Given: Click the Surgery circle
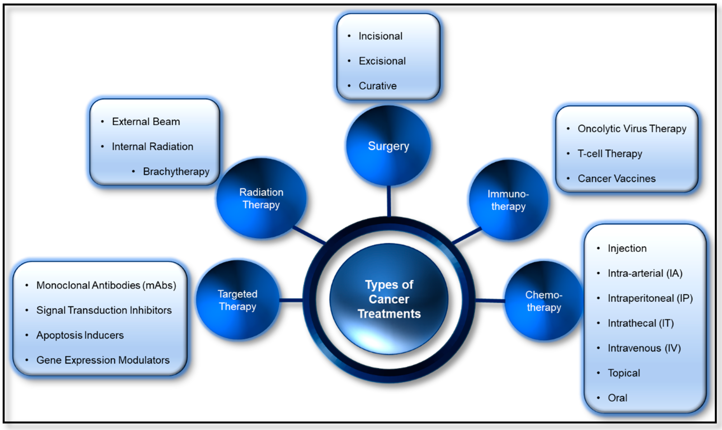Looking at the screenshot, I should [388, 146].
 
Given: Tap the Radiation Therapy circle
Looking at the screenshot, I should [261, 198].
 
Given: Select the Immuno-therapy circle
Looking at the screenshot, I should [508, 200].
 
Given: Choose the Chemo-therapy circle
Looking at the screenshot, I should [544, 301].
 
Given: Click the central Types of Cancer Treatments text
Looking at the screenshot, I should [389, 299].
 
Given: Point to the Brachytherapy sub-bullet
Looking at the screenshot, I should [176, 172].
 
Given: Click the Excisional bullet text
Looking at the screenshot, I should [382, 61].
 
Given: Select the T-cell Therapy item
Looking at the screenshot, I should [610, 154].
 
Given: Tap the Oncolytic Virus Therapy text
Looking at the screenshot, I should [632, 129].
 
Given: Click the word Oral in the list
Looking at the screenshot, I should [617, 398].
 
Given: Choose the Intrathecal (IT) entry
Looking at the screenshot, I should [640, 323].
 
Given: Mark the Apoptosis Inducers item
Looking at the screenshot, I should [80, 335].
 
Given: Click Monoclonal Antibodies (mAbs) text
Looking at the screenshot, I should [106, 285].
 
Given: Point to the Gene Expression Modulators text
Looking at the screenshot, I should [103, 360].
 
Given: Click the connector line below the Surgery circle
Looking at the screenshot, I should [389, 201].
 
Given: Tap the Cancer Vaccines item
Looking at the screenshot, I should [616, 179].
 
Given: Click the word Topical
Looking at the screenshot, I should [624, 373].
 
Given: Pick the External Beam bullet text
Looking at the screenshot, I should [146, 122].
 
